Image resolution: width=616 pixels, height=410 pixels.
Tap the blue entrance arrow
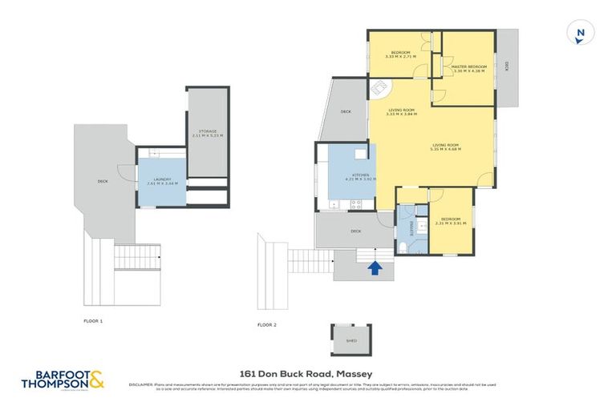[x=374, y=267]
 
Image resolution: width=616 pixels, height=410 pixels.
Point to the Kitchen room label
[x=359, y=175]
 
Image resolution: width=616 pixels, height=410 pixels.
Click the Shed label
[x=351, y=340]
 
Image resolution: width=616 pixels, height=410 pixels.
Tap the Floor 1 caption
[x=94, y=320]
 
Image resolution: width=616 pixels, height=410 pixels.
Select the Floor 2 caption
[x=267, y=324]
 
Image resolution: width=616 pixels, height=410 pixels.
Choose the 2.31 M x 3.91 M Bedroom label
[x=449, y=220]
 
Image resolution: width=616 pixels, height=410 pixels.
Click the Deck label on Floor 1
[x=103, y=181]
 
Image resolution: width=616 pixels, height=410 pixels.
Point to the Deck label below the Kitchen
[x=355, y=231]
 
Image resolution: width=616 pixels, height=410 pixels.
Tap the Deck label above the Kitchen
[x=346, y=111]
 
